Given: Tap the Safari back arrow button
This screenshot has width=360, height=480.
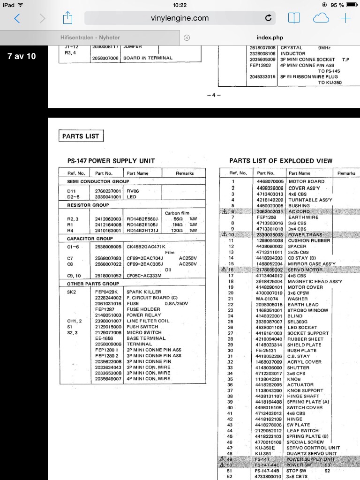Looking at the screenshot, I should [x=17, y=18].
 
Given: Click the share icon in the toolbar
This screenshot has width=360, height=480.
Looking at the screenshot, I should [x=67, y=18].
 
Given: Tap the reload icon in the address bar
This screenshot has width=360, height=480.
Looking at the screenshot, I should [x=268, y=18].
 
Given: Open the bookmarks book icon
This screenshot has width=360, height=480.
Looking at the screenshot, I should [x=294, y=18].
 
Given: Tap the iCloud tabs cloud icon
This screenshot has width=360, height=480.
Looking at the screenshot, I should [x=321, y=18].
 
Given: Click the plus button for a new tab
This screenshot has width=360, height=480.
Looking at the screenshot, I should [x=345, y=18].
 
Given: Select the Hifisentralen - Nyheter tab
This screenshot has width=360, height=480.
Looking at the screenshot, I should [x=90, y=37].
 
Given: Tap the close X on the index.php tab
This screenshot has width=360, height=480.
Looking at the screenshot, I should [x=187, y=37].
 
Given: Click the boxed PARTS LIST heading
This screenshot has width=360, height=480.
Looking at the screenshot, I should [x=81, y=136].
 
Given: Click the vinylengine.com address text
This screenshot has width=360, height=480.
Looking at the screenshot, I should [x=180, y=18].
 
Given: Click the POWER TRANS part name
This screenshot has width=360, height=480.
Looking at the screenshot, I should [x=306, y=234].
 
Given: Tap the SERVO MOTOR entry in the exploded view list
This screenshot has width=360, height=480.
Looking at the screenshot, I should [x=305, y=270].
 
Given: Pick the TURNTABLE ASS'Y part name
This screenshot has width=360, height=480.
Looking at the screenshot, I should [x=309, y=200].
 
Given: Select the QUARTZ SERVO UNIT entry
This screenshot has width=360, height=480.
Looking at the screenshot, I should [x=312, y=454].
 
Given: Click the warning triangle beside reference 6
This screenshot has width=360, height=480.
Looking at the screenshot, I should [x=224, y=211].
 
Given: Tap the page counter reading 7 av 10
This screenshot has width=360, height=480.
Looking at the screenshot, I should [x=22, y=56].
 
